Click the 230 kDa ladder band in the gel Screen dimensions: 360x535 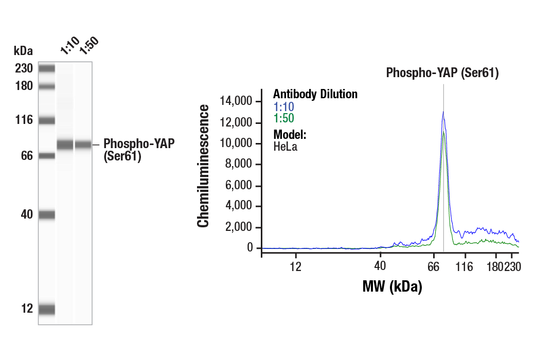(x=46, y=68)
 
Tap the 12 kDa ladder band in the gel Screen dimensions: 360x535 (x=46, y=309)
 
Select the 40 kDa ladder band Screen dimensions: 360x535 (x=46, y=215)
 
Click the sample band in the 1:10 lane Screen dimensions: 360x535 (x=65, y=145)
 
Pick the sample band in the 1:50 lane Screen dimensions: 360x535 (x=83, y=145)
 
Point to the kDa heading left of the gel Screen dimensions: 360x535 (x=23, y=51)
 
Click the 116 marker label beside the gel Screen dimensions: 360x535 (x=24, y=120)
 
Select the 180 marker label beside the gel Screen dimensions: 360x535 (x=24, y=86)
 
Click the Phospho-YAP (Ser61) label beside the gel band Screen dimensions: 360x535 (x=139, y=150)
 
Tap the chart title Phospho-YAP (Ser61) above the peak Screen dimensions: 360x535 (x=442, y=73)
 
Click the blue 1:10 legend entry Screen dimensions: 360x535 (x=283, y=106)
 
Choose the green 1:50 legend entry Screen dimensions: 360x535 (x=283, y=118)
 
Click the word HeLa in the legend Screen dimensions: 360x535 (x=285, y=147)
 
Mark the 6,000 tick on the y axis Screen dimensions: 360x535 (x=239, y=186)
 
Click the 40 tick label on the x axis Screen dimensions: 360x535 (x=380, y=266)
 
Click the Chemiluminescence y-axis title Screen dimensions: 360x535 (x=204, y=166)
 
